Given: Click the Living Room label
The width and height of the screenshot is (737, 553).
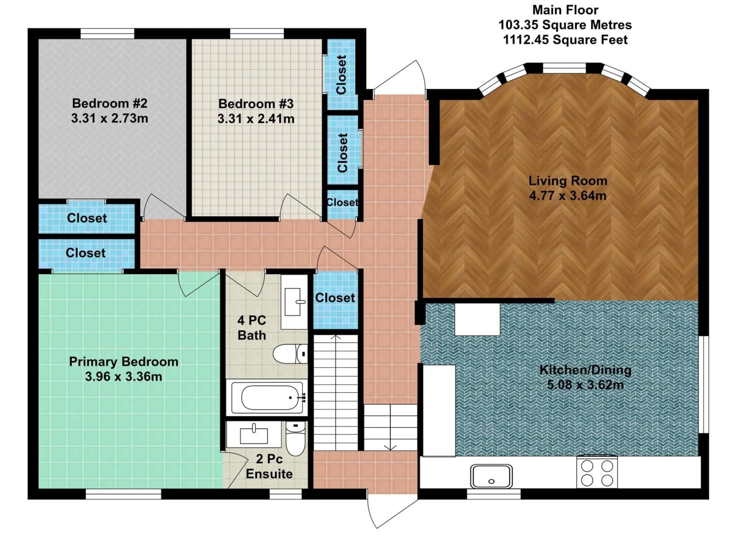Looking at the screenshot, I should (568, 181).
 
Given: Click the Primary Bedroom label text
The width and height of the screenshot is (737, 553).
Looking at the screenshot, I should (124, 362).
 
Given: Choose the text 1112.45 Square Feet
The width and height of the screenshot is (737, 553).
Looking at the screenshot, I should (565, 40).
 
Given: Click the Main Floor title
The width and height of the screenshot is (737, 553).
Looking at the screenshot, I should (565, 10).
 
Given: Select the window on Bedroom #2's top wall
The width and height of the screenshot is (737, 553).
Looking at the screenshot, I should (107, 34).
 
